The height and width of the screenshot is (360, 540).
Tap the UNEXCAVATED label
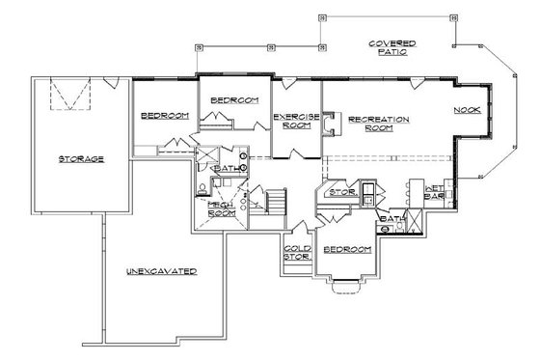(x=161, y=272)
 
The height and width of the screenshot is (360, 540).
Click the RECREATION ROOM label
(x=379, y=124)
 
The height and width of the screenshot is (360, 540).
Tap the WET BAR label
(x=432, y=192)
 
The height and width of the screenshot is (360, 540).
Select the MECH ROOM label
(x=218, y=210)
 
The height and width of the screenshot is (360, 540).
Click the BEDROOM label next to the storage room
(x=164, y=116)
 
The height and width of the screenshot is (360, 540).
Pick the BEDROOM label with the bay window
(x=347, y=250)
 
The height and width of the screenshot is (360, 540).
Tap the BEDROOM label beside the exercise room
(x=232, y=99)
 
